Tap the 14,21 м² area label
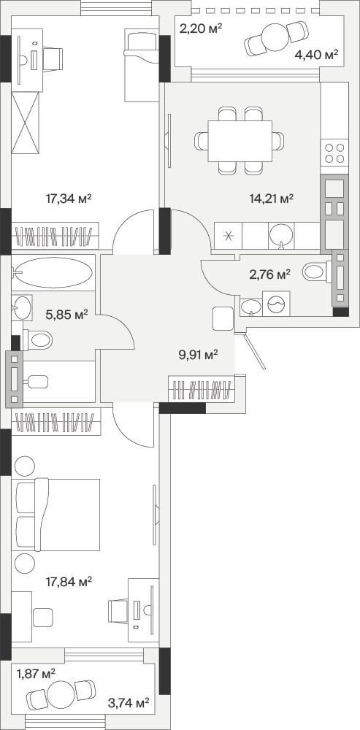click(271, 199)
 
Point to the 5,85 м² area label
click(67, 315)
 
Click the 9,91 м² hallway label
click(199, 356)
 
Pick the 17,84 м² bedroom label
click(69, 581)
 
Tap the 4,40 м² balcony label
click(316, 55)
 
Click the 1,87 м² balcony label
click(36, 673)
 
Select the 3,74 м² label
click(129, 702)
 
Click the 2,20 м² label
click(201, 29)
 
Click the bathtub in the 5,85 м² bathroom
click(53, 273)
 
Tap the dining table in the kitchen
click(240, 141)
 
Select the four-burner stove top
click(334, 153)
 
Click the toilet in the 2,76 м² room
click(317, 272)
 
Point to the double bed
click(58, 515)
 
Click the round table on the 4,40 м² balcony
click(276, 38)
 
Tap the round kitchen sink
click(281, 234)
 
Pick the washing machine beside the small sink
click(276, 304)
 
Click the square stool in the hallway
click(223, 319)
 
